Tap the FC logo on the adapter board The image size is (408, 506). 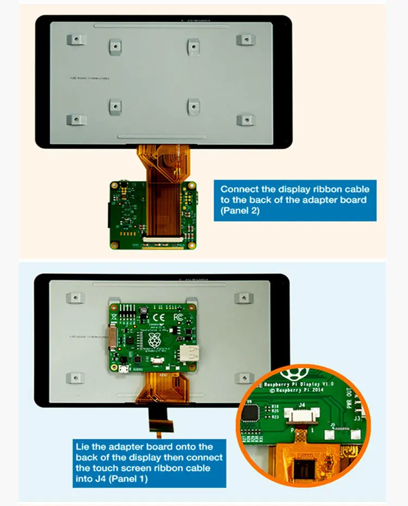(x=177, y=317)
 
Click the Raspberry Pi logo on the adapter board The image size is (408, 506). (x=154, y=341)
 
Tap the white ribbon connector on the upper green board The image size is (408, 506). (x=162, y=239)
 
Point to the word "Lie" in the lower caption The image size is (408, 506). (x=83, y=447)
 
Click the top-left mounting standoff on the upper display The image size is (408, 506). (x=76, y=40)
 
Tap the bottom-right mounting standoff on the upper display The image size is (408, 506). (x=246, y=120)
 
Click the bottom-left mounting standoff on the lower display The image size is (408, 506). (x=75, y=378)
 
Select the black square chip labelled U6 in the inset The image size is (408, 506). (x=251, y=414)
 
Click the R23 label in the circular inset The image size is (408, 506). (x=275, y=416)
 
